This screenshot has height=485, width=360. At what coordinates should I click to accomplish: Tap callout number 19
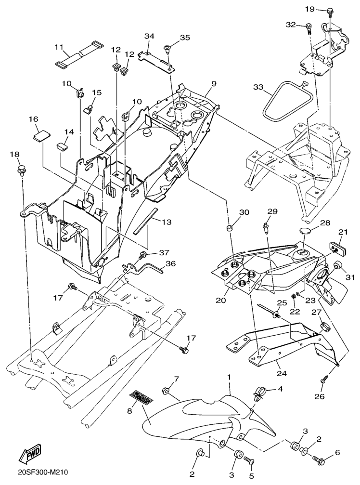pyautogui.click(x=309, y=10)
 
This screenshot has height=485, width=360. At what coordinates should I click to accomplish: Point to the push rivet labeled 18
pyautogui.click(x=22, y=170)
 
